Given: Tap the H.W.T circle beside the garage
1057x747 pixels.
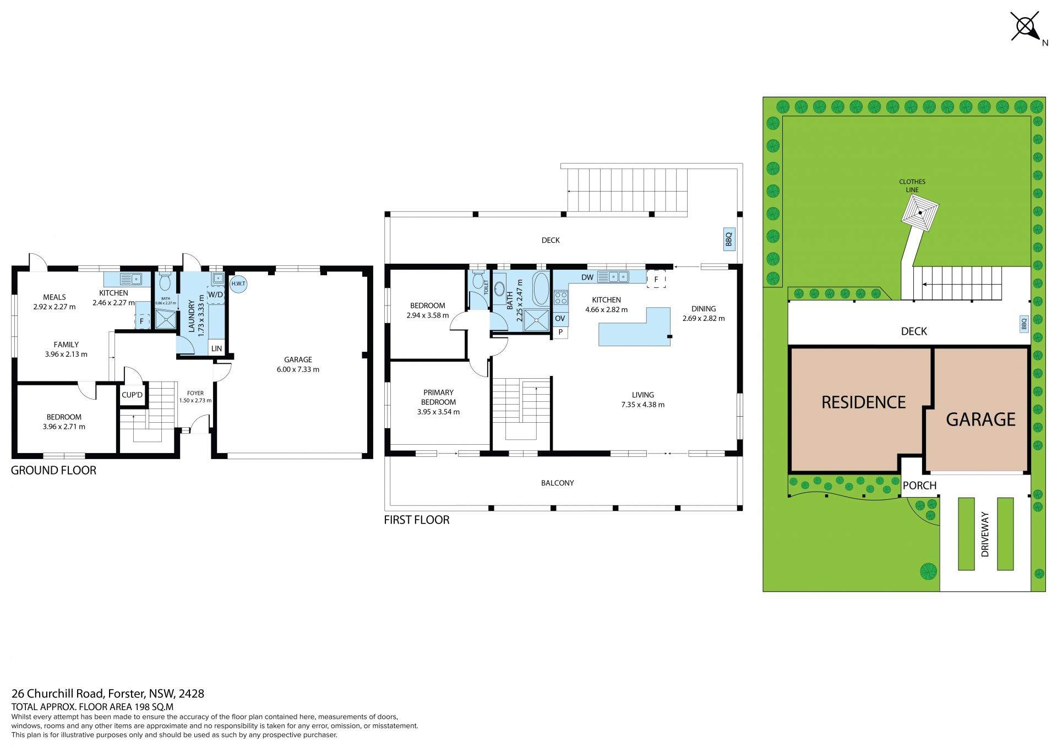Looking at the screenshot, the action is point(238,283).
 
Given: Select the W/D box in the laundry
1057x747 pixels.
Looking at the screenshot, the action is point(216,295).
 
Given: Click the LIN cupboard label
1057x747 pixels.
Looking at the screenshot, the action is point(216,348).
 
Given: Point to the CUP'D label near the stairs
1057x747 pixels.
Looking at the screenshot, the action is point(132,395).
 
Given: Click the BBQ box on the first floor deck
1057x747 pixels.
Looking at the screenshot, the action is point(729,239).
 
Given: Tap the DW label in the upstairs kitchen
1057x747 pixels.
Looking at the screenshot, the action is point(587,277).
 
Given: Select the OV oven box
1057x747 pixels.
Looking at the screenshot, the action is point(560,318).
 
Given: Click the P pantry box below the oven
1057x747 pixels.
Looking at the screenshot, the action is point(560,332).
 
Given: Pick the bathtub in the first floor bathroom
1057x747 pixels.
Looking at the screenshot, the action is point(540,289).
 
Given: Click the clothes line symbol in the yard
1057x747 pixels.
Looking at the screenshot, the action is point(920,213).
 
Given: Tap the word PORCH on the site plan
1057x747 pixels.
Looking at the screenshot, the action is point(919,486).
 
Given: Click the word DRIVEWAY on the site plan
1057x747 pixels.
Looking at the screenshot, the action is point(985,534).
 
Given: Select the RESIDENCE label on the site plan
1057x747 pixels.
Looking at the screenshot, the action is point(863,402).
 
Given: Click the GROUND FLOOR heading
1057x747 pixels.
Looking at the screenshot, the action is point(54,470).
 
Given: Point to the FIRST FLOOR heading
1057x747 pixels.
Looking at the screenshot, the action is point(417,520).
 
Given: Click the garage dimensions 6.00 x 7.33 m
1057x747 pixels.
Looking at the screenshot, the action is point(298,369).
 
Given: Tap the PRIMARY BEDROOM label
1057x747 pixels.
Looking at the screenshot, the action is point(439,397).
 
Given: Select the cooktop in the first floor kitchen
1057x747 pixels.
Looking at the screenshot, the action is point(561,298).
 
